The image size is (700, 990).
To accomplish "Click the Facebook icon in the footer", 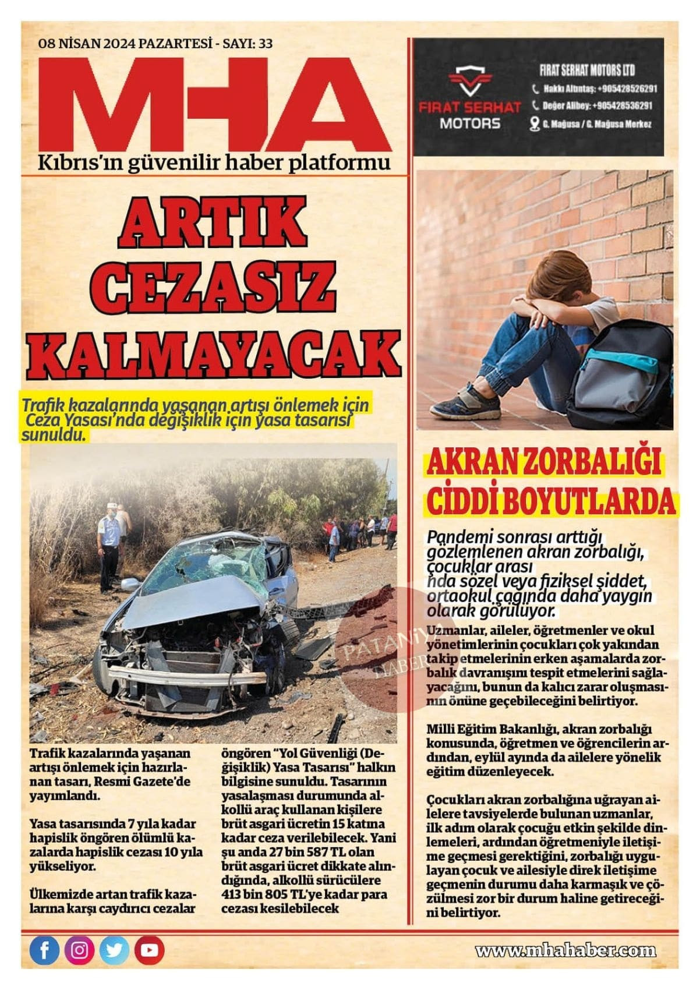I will [44, 950].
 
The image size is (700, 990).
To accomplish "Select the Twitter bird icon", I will [114, 950].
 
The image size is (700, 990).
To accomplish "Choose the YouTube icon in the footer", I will [149, 950].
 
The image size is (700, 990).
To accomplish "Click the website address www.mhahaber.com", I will [565, 951].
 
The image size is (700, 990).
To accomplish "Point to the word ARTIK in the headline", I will [213, 224].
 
